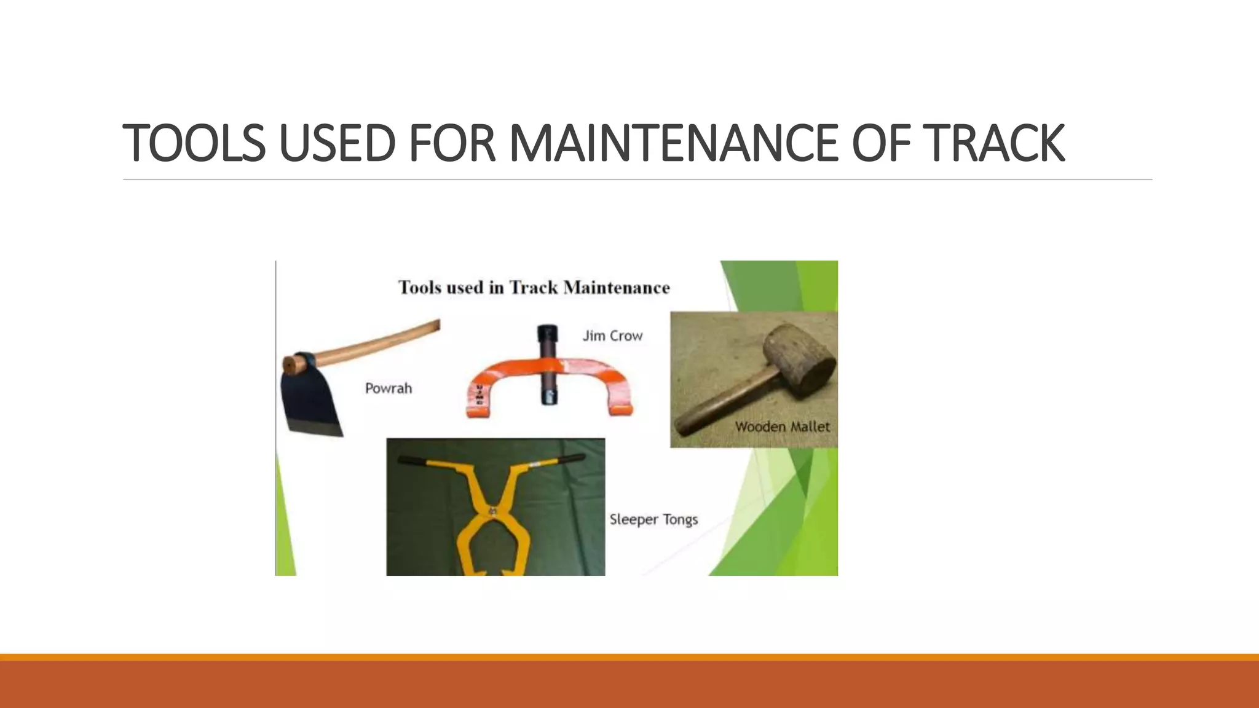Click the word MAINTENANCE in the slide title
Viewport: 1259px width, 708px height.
pos(674,143)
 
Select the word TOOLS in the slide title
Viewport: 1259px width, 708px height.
pos(194,143)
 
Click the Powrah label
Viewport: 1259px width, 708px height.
pos(389,388)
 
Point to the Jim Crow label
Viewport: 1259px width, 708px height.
pos(612,336)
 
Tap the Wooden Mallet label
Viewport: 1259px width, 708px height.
pos(782,427)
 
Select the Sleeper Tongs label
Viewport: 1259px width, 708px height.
pos(653,519)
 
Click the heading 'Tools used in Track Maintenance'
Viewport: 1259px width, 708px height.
pos(534,288)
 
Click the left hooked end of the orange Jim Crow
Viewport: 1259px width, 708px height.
pos(476,403)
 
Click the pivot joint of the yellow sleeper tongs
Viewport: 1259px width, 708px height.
pos(492,511)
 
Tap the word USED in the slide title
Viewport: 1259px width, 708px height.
pos(337,143)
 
